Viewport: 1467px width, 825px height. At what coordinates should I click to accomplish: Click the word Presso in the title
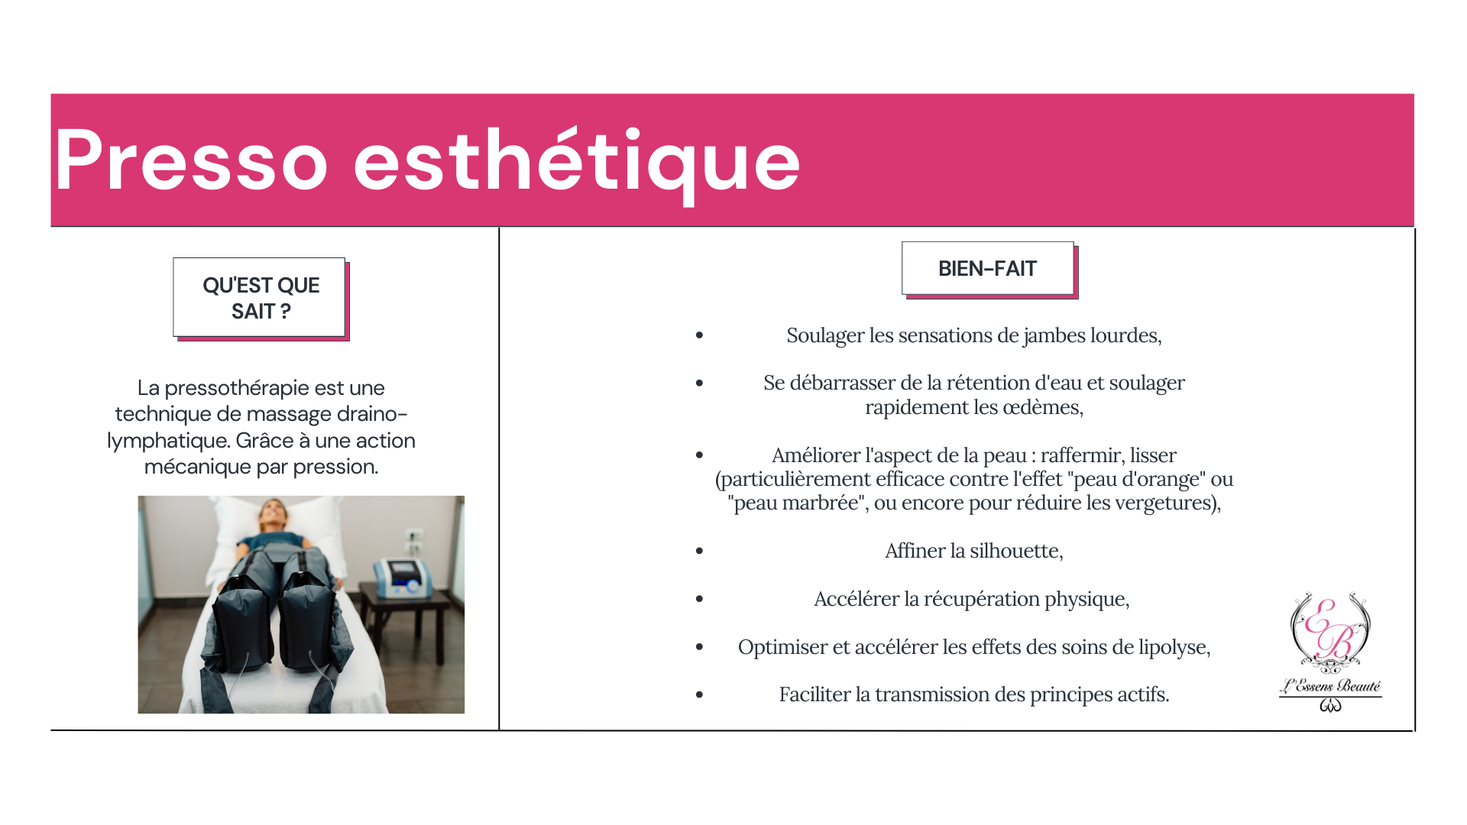(x=191, y=160)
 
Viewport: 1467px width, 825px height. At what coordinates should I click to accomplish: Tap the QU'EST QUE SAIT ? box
(x=261, y=298)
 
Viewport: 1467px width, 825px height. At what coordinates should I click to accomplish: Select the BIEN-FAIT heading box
(x=989, y=269)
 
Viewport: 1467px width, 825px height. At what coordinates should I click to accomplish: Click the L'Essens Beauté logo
(x=1330, y=652)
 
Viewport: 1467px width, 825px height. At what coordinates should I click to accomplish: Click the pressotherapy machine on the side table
(x=402, y=577)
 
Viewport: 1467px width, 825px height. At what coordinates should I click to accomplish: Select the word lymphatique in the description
(x=168, y=442)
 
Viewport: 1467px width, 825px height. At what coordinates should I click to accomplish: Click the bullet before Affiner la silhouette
(x=699, y=551)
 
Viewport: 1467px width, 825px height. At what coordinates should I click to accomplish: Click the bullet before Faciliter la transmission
(x=699, y=695)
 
